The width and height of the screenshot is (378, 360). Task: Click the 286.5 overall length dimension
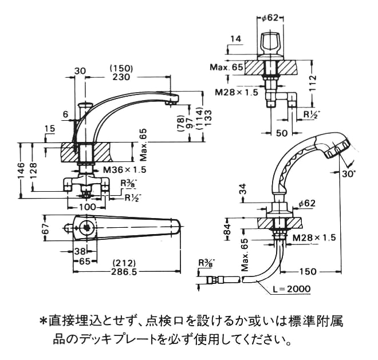tap(126, 273)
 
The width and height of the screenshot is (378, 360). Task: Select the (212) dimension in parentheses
tap(125, 264)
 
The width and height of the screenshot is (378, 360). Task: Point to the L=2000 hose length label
tap(292, 289)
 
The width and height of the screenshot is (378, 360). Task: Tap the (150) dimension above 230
tap(121, 68)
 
